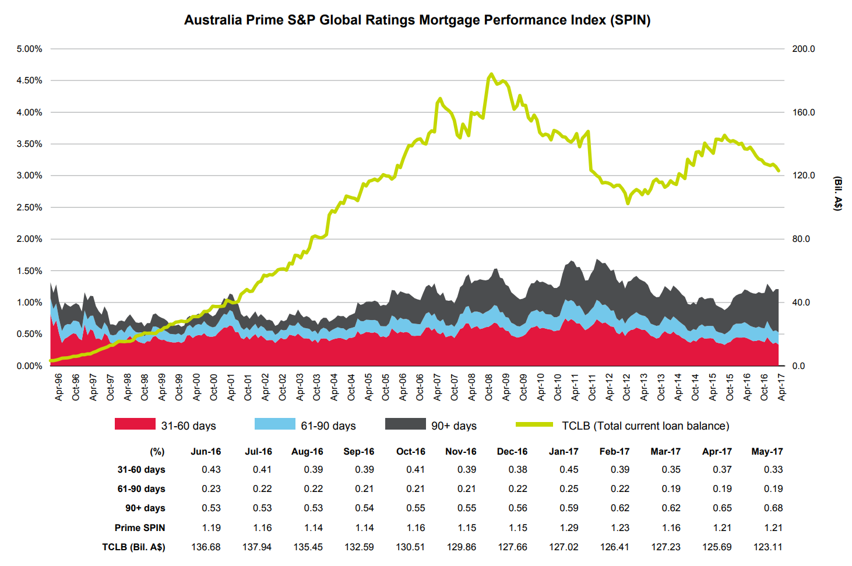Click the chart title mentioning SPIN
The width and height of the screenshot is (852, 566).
click(417, 20)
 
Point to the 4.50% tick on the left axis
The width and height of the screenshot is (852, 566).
click(29, 80)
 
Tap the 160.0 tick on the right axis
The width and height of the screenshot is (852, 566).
click(803, 113)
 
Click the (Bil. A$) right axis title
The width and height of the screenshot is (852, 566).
click(837, 193)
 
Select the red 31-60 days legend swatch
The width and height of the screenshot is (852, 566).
click(135, 424)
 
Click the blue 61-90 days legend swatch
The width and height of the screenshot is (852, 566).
click(274, 424)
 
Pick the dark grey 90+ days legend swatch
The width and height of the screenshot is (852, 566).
click(405, 424)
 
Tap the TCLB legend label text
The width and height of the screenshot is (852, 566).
click(645, 426)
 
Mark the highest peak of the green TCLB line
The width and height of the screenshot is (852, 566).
click(491, 74)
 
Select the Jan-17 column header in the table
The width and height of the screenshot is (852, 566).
click(564, 452)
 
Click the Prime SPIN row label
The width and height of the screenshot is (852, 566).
click(140, 528)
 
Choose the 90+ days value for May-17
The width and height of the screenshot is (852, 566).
click(773, 508)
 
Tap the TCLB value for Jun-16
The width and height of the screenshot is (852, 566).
click(206, 547)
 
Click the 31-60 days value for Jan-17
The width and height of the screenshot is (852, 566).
click(569, 470)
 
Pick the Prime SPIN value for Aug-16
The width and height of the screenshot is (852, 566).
click(314, 528)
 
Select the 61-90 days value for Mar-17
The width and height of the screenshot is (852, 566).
click(671, 489)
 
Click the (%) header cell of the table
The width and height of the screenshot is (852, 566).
click(157, 452)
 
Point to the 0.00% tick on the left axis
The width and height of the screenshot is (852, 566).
click(29, 366)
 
